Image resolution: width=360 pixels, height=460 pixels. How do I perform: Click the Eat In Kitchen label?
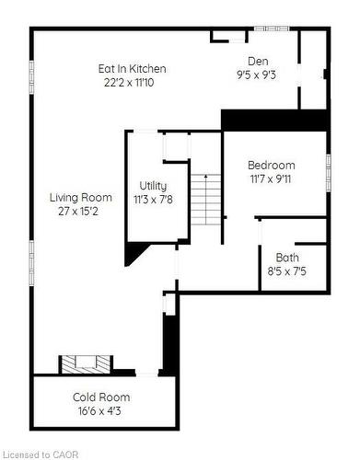(x=133, y=69)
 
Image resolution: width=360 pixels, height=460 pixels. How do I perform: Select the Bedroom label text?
(x=272, y=165)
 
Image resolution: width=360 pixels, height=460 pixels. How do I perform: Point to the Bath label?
(x=286, y=258)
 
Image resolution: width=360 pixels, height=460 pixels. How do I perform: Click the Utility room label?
(x=153, y=186)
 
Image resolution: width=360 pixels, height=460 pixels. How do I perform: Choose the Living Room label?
(x=81, y=197)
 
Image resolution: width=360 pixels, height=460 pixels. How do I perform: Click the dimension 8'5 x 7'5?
(x=286, y=271)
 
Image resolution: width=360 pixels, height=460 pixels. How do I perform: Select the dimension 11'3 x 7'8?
(x=153, y=200)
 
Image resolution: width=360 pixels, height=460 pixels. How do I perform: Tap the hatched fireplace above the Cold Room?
(x=84, y=364)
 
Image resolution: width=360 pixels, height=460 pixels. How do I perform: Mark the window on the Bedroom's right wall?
(x=328, y=172)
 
